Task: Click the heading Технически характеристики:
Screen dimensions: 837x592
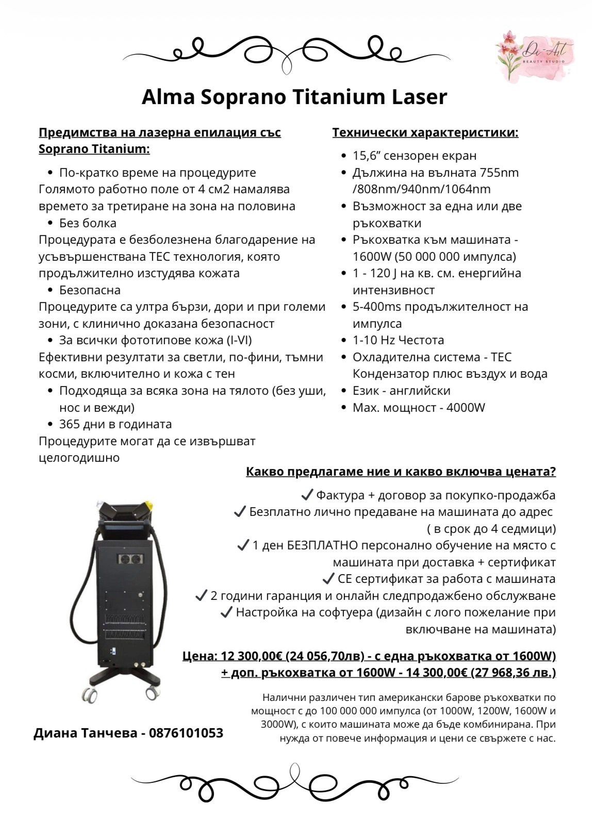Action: click(425, 132)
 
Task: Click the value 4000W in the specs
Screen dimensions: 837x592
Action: click(466, 408)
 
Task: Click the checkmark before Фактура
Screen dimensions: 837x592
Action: click(307, 495)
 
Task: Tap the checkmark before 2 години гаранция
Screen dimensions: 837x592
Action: click(201, 596)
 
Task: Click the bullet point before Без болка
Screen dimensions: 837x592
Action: click(50, 223)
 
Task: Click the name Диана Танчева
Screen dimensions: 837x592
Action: click(85, 733)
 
